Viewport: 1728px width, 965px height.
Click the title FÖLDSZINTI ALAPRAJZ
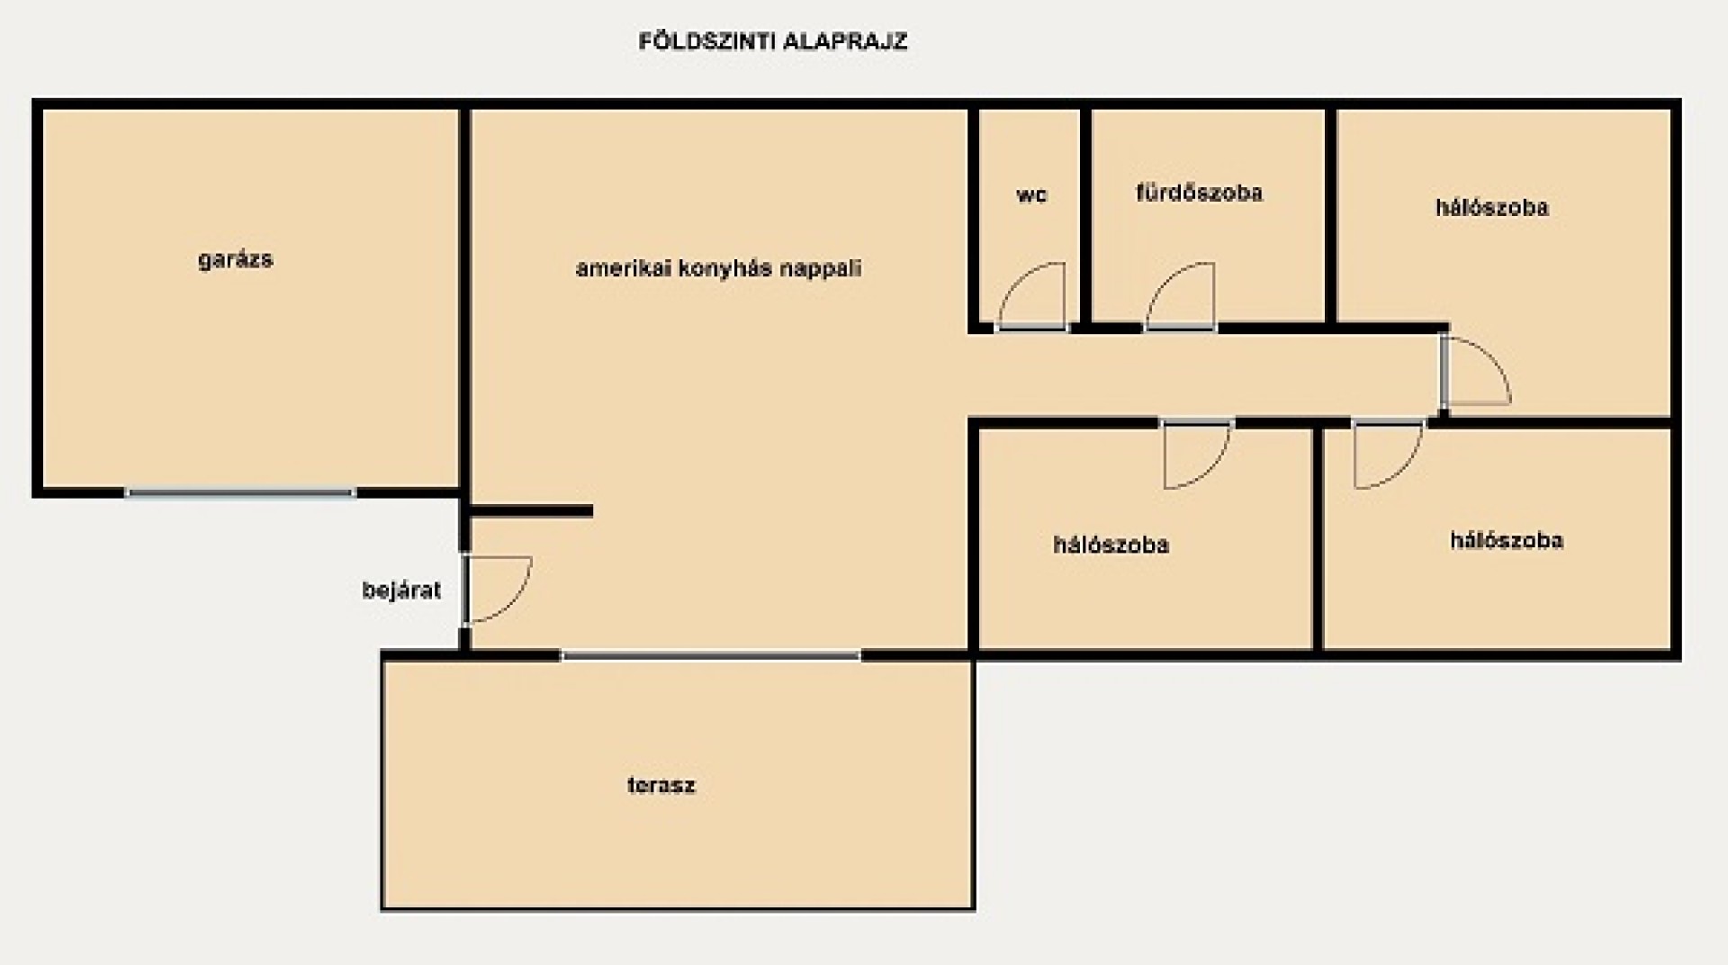772,41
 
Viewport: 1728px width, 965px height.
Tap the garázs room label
235,260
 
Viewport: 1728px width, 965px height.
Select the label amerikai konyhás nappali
718,268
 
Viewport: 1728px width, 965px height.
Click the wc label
1031,195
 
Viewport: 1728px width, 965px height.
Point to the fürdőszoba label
1199,193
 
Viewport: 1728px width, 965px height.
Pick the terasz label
661,785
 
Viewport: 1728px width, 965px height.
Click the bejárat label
401,591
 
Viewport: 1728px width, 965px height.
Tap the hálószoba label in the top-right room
1491,207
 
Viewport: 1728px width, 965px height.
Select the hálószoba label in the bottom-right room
1506,540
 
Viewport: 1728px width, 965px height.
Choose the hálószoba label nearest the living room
1111,545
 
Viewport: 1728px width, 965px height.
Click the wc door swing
1031,296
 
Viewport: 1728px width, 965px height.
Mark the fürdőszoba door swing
1180,296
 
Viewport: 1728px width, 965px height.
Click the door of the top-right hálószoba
1476,370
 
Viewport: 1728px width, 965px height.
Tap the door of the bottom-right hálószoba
1389,455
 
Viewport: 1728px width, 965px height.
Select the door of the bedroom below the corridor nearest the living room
1198,455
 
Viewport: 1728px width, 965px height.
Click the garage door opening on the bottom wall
239,492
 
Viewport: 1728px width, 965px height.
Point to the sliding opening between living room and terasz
711,655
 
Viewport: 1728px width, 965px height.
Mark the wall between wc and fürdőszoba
1085,216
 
